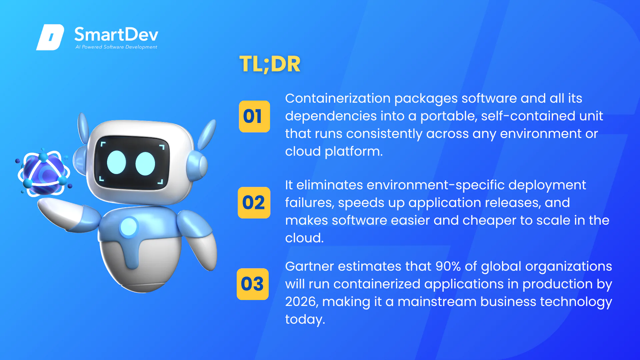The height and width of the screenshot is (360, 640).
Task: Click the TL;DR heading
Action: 270,64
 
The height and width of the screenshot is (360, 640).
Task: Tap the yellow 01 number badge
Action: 254,116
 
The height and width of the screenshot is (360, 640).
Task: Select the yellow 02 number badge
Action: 254,203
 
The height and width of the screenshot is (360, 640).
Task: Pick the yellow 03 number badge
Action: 253,284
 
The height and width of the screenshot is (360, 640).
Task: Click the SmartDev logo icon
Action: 50,37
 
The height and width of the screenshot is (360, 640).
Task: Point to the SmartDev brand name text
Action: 116,35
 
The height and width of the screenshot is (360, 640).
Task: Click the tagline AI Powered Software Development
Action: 116,47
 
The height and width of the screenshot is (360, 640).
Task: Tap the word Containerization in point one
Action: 338,98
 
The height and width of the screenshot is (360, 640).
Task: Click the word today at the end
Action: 305,320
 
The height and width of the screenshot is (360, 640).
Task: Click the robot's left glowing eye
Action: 116,162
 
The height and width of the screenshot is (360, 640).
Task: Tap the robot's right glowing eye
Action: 145,164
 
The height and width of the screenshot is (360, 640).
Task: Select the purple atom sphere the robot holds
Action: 44,173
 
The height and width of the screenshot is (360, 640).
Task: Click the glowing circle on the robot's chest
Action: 129,227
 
